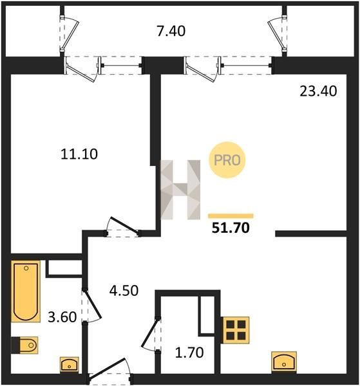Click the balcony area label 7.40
pos(171,32)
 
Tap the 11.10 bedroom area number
pos(79,154)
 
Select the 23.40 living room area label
pos(318,91)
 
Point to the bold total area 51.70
pos(231,228)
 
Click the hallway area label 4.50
pos(124,291)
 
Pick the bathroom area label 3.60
pos(62,317)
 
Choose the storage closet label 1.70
pos(189,353)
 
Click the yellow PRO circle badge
pos(227,160)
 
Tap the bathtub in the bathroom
pos(26,291)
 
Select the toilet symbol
pos(24,345)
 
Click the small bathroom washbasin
pos(70,364)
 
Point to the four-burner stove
pos(236,330)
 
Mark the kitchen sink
pos(284,362)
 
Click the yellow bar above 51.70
pos(231,216)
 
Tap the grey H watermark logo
pos(180,190)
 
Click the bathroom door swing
pos(92,305)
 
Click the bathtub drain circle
pos(26,268)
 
